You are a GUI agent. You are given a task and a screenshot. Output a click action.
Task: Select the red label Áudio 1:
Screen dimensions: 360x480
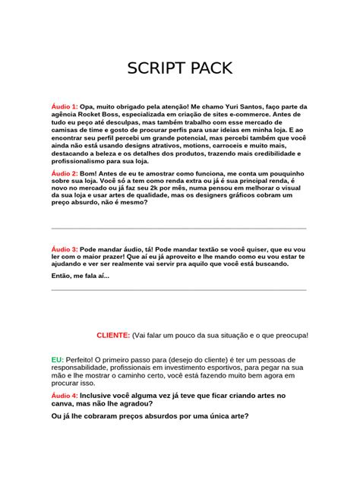point(64,107)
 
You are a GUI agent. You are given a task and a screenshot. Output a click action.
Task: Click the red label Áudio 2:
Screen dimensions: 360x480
point(64,174)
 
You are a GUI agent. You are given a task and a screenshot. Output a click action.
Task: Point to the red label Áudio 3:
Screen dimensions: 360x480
point(64,249)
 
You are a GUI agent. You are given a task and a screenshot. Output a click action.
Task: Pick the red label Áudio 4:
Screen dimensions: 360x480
point(64,396)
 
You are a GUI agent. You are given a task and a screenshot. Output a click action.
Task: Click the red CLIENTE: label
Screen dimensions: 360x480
point(113,335)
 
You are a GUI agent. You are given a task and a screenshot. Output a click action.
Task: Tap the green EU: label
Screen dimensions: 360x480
point(58,358)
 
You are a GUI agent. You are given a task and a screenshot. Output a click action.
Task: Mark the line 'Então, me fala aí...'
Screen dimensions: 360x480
point(80,276)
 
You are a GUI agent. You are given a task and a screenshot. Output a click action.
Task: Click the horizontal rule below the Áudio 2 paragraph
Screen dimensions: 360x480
point(178,228)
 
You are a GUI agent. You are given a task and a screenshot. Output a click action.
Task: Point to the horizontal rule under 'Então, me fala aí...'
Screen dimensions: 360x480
point(178,289)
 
